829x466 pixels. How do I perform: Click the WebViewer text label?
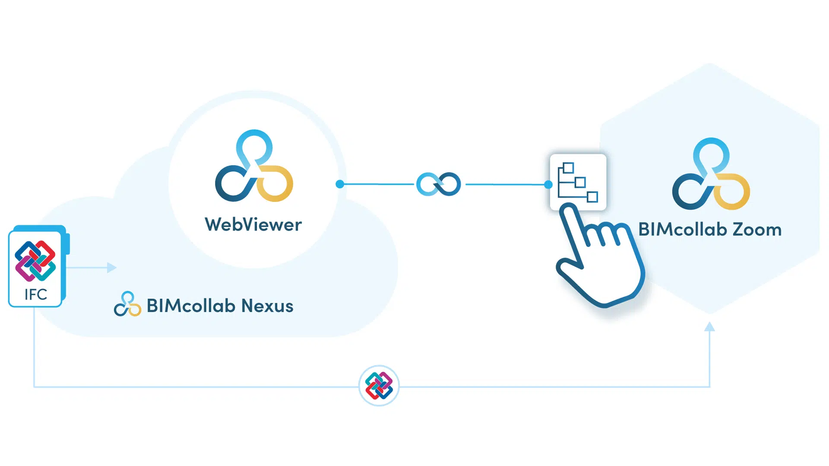tap(253, 225)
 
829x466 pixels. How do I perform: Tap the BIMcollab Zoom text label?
tap(710, 230)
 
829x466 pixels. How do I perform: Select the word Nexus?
tap(267, 306)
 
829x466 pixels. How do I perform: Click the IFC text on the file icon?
tap(35, 294)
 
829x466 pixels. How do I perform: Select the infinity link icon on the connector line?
tap(438, 184)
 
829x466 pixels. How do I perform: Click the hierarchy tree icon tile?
tap(578, 182)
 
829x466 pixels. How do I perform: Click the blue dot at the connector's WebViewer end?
tap(340, 184)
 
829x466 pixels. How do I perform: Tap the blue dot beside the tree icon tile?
tap(548, 185)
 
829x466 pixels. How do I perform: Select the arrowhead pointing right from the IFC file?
tap(112, 268)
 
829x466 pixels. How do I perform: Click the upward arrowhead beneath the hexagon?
tap(709, 327)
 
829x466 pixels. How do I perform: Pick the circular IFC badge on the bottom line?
tap(379, 386)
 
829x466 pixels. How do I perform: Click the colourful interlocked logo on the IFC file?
tap(35, 261)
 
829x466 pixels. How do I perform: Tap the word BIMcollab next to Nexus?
tap(191, 306)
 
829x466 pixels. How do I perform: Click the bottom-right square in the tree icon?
tap(592, 197)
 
